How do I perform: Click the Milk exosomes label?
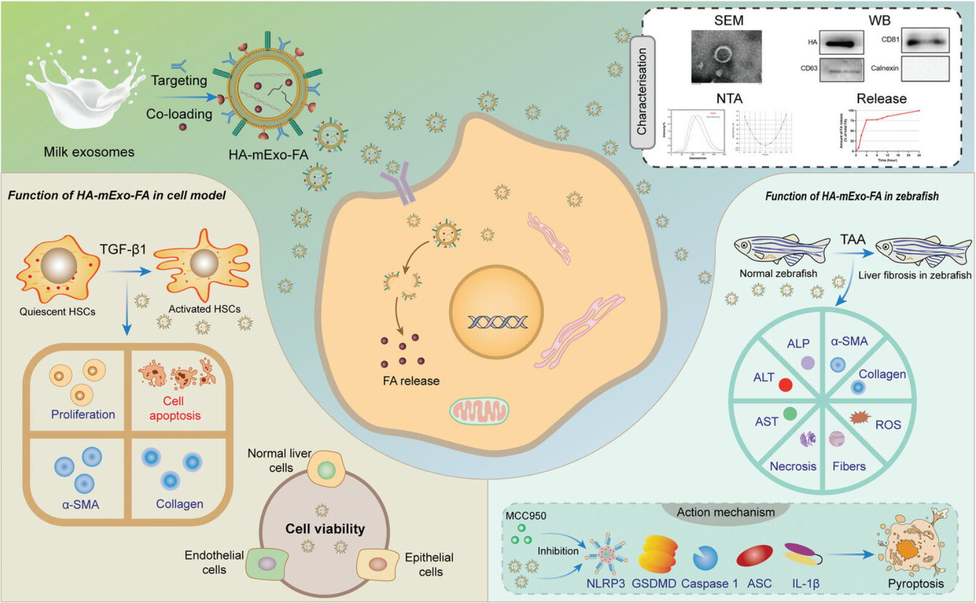tap(89, 152)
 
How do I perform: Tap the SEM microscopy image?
tap(726, 56)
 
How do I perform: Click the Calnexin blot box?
tap(925, 69)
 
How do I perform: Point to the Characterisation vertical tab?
tap(642, 92)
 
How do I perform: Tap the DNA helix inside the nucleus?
tap(497, 321)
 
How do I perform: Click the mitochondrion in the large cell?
tap(479, 411)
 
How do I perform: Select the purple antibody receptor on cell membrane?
tap(398, 187)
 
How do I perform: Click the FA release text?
tap(411, 381)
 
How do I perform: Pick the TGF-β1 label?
tap(123, 249)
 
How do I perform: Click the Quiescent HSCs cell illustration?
tap(58, 268)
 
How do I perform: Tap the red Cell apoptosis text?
tap(174, 409)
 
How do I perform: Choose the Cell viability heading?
tap(325, 529)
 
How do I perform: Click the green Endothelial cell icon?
tap(267, 563)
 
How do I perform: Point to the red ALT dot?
tap(786, 385)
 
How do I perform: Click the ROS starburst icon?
tap(860, 417)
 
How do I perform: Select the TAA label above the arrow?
tap(853, 239)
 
